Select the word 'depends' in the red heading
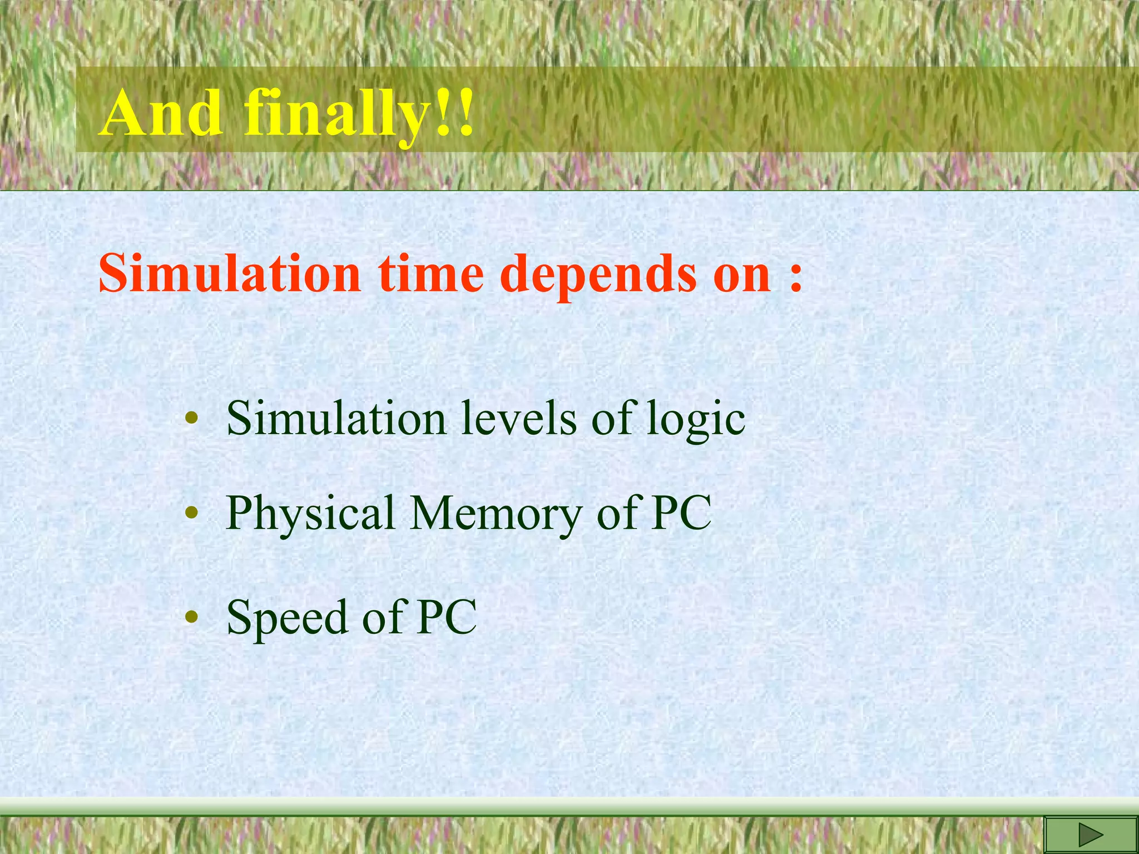599,274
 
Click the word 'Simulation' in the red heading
230,273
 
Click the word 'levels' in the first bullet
519,418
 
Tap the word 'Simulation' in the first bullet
336,418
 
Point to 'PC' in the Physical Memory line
682,513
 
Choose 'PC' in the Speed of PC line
447,617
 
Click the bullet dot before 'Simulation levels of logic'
191,419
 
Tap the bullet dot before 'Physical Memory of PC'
191,513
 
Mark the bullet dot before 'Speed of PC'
191,617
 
